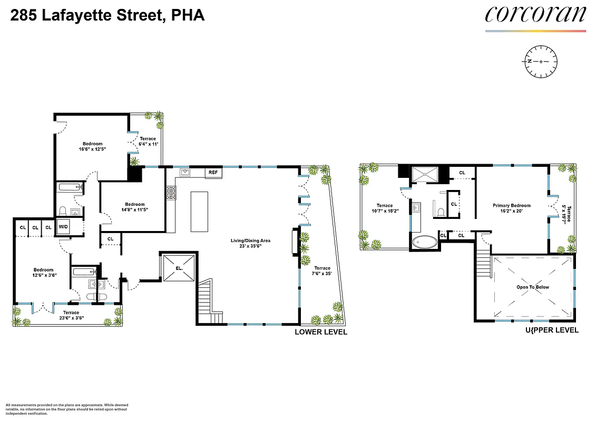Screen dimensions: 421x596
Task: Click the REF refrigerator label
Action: click(213, 173)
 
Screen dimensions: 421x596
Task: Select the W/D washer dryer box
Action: click(63, 227)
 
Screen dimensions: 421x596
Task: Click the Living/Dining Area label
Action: click(250, 243)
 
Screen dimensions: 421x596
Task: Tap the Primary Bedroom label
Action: click(511, 208)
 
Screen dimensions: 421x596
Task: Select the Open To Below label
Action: click(532, 287)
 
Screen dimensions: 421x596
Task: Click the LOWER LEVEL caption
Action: click(320, 332)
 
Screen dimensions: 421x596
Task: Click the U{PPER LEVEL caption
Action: click(552, 330)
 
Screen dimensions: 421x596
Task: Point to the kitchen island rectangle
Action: click(199, 212)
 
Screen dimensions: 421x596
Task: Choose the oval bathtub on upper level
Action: click(424, 243)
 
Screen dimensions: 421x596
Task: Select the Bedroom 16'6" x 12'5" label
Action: click(92, 146)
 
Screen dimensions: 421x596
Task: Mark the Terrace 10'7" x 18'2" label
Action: click(384, 208)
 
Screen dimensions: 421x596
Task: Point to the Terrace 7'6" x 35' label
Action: click(321, 271)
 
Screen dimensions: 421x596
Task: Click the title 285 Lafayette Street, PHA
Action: click(108, 16)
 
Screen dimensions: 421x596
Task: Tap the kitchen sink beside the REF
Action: click(185, 172)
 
